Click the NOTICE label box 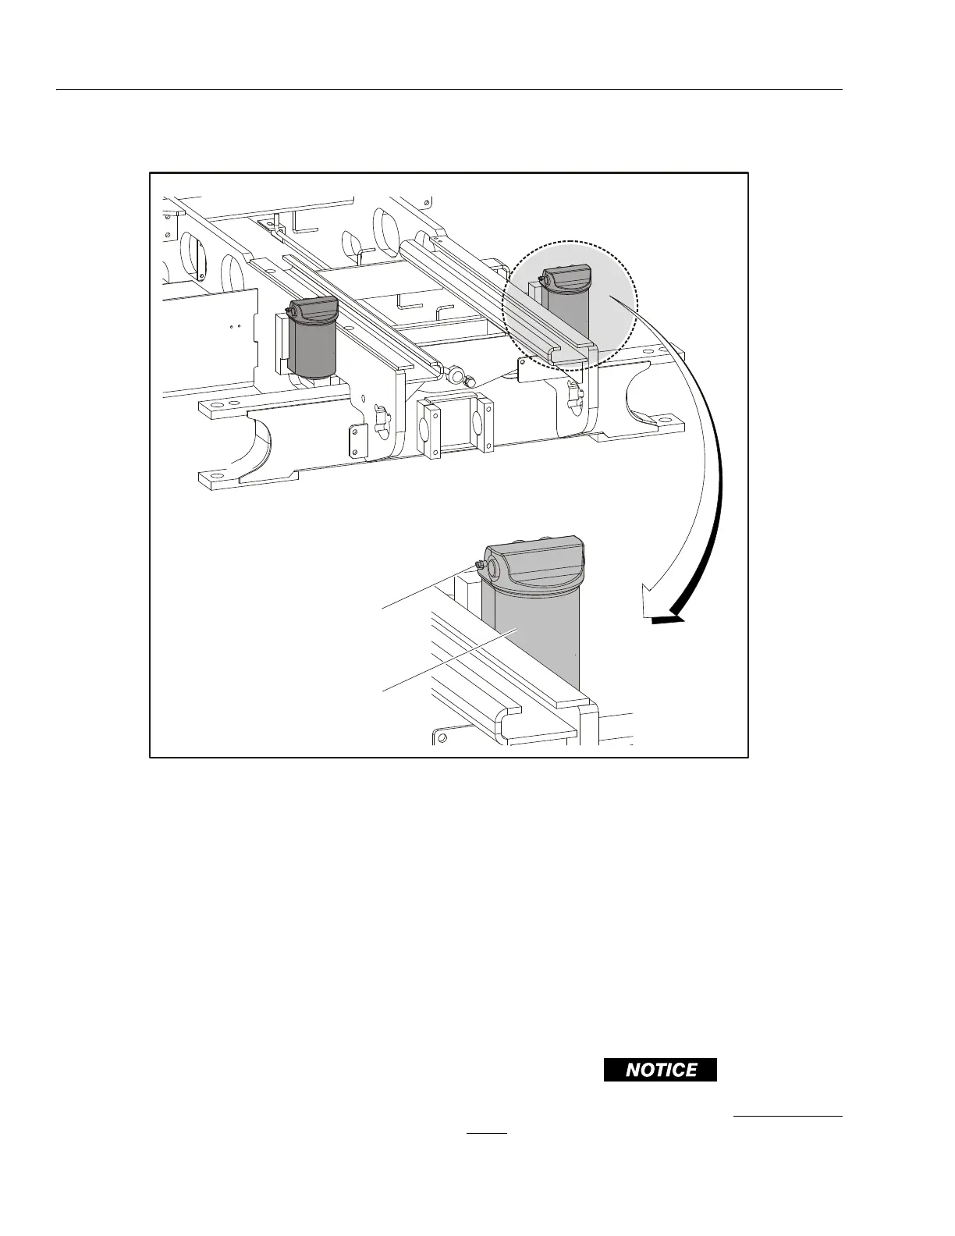tap(660, 1070)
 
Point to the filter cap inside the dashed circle tap(567, 278)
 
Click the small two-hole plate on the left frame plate tap(356, 441)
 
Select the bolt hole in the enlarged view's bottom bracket tap(442, 737)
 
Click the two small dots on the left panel tap(236, 326)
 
